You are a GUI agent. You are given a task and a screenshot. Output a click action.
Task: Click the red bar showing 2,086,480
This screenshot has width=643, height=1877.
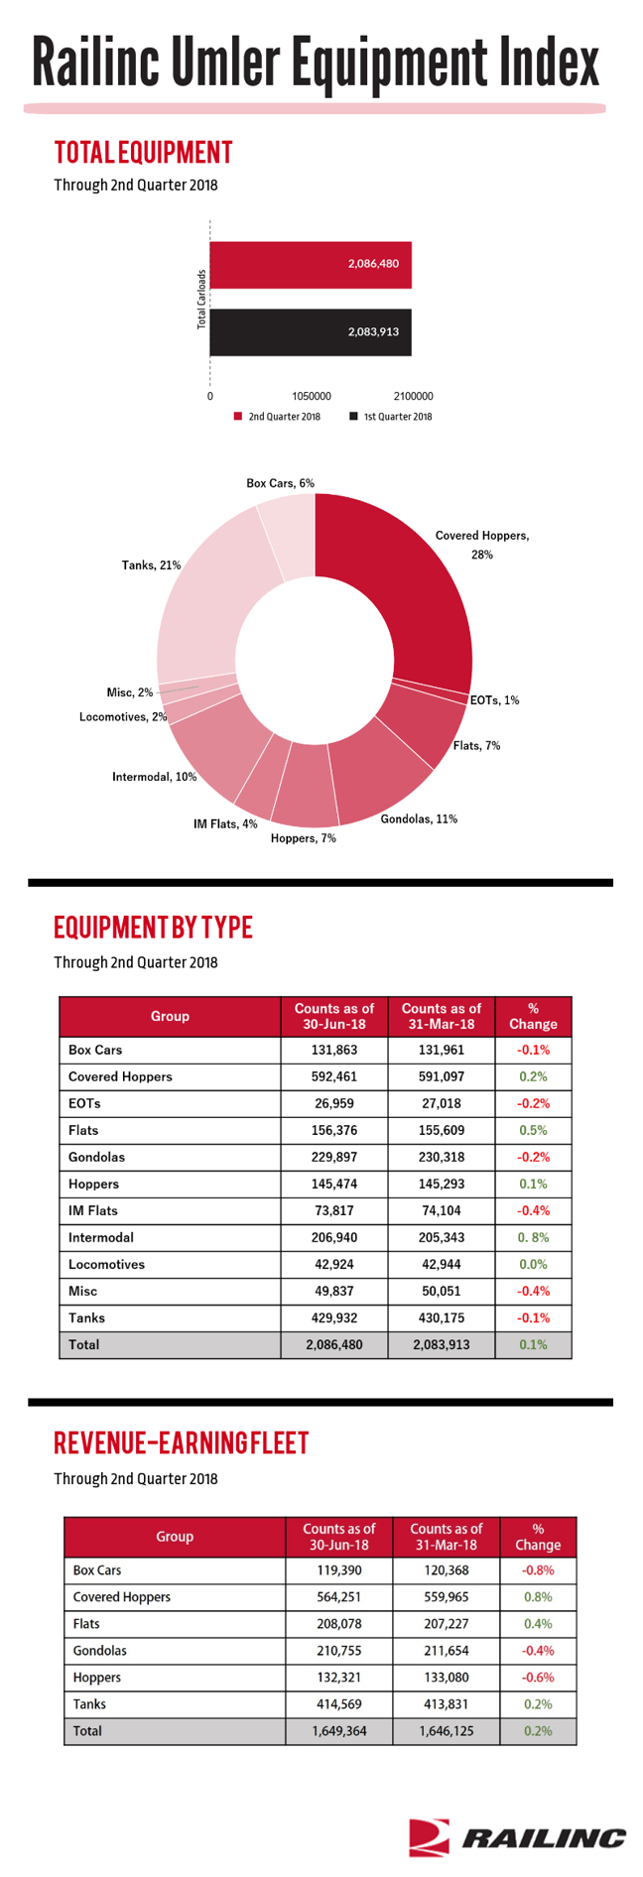pyautogui.click(x=311, y=265)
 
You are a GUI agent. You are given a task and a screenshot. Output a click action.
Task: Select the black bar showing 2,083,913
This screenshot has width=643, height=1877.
pyautogui.click(x=311, y=332)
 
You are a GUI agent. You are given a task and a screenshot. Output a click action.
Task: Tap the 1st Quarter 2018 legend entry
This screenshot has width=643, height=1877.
pyautogui.click(x=391, y=417)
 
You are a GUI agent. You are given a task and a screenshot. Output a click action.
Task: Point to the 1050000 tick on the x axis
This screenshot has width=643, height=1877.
pyautogui.click(x=312, y=396)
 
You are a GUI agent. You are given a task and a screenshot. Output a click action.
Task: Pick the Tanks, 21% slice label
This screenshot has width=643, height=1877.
pyautogui.click(x=152, y=565)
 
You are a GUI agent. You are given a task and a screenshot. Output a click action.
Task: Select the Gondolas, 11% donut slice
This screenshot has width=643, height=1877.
pyautogui.click(x=382, y=774)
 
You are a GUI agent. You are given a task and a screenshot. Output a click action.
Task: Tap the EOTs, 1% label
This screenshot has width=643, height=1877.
pyautogui.click(x=494, y=700)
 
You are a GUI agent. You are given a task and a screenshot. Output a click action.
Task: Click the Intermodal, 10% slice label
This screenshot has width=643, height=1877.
pyautogui.click(x=154, y=777)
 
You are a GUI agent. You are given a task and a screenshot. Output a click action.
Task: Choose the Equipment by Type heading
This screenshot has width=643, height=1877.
pyautogui.click(x=153, y=928)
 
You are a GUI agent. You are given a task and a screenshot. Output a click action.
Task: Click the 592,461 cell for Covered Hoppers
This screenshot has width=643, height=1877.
pyautogui.click(x=334, y=1076)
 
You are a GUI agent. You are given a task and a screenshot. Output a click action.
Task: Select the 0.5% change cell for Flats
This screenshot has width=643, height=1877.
pyautogui.click(x=533, y=1130)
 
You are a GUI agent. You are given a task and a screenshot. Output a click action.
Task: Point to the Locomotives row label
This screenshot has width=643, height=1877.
pyautogui.click(x=106, y=1264)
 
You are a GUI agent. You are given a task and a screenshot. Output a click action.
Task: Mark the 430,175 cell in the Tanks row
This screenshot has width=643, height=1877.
pyautogui.click(x=442, y=1317)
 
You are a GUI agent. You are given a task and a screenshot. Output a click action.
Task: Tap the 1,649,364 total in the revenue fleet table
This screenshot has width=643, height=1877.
pyautogui.click(x=339, y=1730)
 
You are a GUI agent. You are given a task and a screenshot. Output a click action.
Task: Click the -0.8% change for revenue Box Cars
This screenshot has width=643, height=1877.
pyautogui.click(x=538, y=1570)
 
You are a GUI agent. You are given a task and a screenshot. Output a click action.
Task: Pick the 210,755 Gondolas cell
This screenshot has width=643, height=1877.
pyautogui.click(x=339, y=1651)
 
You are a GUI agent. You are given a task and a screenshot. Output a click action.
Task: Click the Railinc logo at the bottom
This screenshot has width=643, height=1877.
pyautogui.click(x=517, y=1837)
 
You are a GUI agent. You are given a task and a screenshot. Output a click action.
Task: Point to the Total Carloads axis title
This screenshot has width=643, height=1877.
pyautogui.click(x=201, y=299)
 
